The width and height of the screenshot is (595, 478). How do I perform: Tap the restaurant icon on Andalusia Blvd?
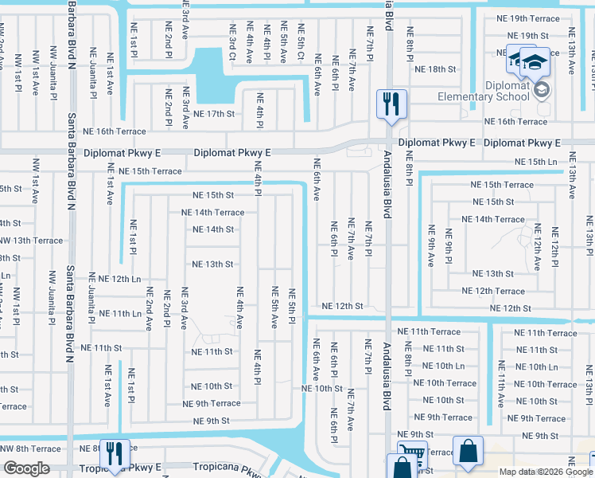click(x=391, y=104)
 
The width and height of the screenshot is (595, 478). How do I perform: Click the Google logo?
click(x=26, y=469)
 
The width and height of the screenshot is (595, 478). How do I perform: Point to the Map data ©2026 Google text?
click(x=546, y=472)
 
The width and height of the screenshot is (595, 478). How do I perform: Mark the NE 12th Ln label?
click(x=115, y=279)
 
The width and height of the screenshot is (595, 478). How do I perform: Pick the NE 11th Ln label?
click(x=115, y=314)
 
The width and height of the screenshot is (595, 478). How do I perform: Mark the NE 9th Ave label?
click(x=430, y=245)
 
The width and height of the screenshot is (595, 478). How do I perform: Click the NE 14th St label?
click(x=213, y=229)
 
